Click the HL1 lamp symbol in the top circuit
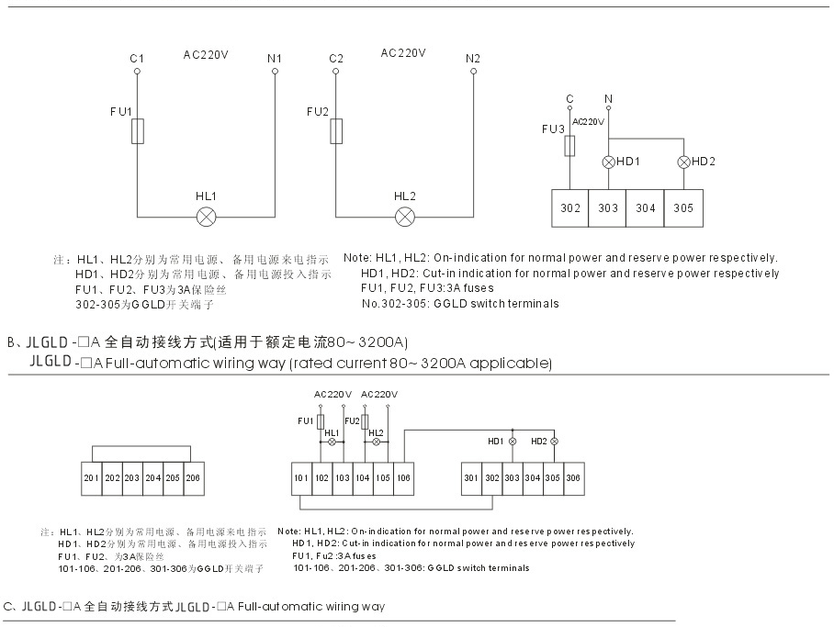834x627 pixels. [x=207, y=217]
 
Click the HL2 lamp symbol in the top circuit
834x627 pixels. [x=405, y=217]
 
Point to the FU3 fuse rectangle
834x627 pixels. [x=570, y=145]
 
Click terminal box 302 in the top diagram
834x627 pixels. [x=570, y=207]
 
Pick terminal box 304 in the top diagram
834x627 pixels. [x=646, y=207]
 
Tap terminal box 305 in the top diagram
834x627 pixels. [x=683, y=207]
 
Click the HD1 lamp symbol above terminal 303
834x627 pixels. [x=608, y=162]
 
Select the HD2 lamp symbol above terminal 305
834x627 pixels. [x=683, y=162]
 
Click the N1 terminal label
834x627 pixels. [x=274, y=60]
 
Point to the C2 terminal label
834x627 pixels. [x=336, y=60]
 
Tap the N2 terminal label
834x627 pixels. [x=473, y=60]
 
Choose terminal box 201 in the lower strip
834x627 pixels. [x=92, y=478]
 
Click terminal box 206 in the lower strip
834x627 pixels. [x=192, y=478]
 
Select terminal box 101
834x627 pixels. [x=301, y=478]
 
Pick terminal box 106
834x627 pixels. [x=403, y=478]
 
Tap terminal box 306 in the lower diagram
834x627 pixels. [x=572, y=478]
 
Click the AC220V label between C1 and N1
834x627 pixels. [x=206, y=54]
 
